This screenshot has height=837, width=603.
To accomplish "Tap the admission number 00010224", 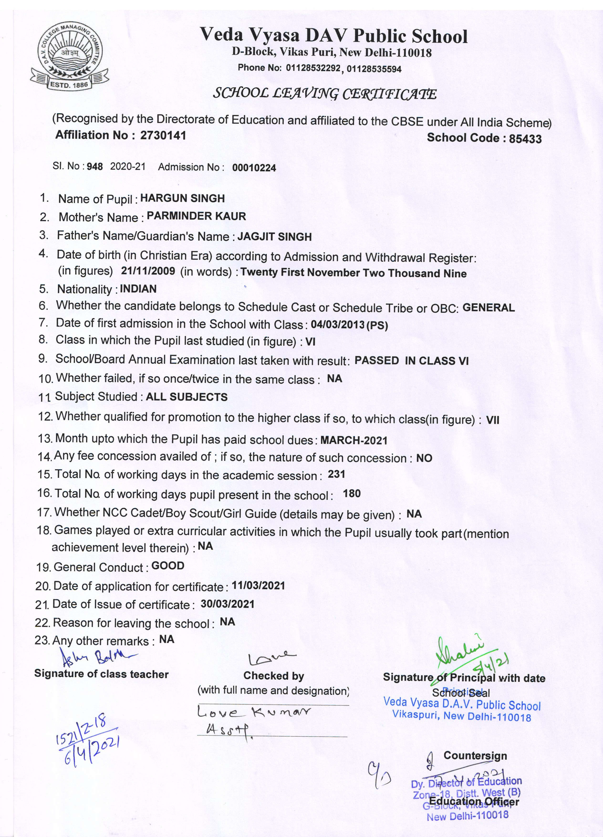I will tap(254, 168).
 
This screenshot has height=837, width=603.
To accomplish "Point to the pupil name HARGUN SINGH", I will tap(182, 199).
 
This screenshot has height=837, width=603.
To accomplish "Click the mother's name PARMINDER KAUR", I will tap(196, 216).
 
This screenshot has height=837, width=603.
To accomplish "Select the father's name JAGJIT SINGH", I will tap(274, 237).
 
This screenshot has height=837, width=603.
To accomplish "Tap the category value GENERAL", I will tap(488, 308).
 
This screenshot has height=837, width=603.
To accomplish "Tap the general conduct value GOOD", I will tap(168, 566).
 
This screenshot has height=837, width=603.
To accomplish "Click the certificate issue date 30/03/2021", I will tap(228, 604).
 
